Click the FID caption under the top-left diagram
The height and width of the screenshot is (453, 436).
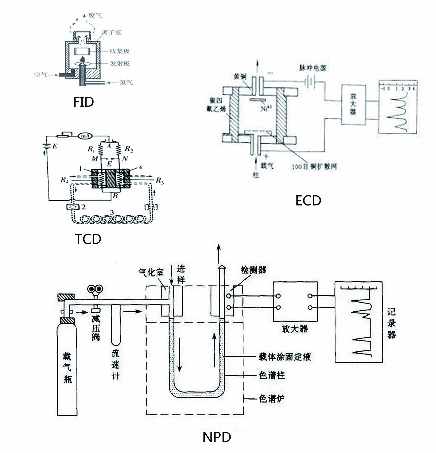pyautogui.click(x=83, y=103)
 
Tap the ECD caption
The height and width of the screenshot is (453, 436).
pyautogui.click(x=308, y=200)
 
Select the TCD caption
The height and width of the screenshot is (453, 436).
pyautogui.click(x=88, y=239)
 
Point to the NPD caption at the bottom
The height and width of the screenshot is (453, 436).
pyautogui.click(x=217, y=437)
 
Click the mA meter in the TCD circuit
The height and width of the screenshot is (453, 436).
pyautogui.click(x=84, y=135)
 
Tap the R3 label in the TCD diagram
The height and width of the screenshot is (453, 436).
pyautogui.click(x=159, y=180)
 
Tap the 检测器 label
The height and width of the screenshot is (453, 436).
pyautogui.click(x=254, y=270)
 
